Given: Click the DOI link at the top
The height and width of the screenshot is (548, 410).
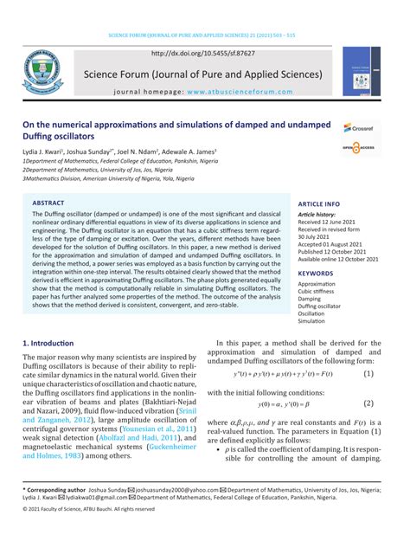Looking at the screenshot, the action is pyautogui.click(x=204, y=54).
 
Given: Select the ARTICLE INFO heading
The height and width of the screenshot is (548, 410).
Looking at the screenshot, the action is pyautogui.click(x=319, y=203).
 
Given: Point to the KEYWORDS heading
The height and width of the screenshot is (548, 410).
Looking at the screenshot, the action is pyautogui.click(x=315, y=273).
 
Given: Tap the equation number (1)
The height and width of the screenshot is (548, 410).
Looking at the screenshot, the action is pyautogui.click(x=368, y=374).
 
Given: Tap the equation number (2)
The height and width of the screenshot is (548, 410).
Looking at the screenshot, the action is pyautogui.click(x=368, y=403).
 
